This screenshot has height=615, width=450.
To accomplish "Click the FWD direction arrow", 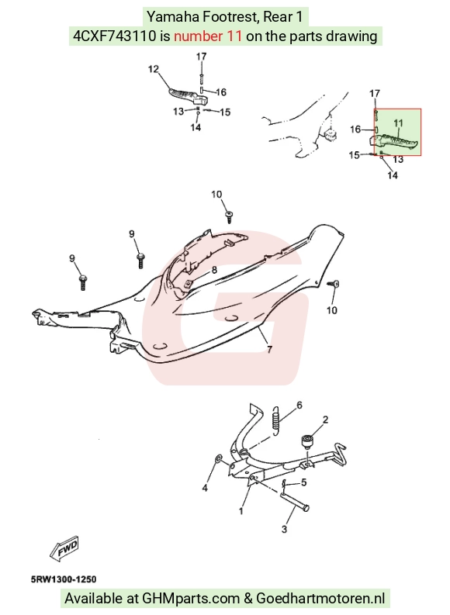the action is tap(64, 548).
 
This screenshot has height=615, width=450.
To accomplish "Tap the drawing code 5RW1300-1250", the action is tap(64, 579).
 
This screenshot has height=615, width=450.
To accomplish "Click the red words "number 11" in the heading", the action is tap(207, 36).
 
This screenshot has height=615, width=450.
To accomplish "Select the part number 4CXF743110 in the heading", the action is tap(114, 36).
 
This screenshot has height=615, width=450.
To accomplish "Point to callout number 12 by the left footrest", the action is tap(154, 69).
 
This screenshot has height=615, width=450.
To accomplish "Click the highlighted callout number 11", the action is tap(398, 123).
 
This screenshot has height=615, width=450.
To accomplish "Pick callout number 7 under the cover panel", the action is tap(269, 349).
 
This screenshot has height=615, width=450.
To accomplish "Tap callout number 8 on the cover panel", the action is tap(214, 270).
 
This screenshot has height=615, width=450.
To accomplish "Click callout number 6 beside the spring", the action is tap(299, 405).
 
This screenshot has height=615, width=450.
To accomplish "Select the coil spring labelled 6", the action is tap(276, 420).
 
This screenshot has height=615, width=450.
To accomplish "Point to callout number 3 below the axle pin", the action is tap(284, 529).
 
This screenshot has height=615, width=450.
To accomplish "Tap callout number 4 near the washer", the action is tap(205, 488).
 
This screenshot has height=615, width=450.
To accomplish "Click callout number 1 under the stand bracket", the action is tap(241, 511).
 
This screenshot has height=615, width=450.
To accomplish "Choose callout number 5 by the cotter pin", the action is tap(303, 482).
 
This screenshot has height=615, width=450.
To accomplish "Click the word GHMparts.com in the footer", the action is tap(191, 599).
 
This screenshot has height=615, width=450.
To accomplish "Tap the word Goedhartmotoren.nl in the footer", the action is tap(320, 599).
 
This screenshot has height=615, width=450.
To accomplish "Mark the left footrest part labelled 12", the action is tap(184, 95).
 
